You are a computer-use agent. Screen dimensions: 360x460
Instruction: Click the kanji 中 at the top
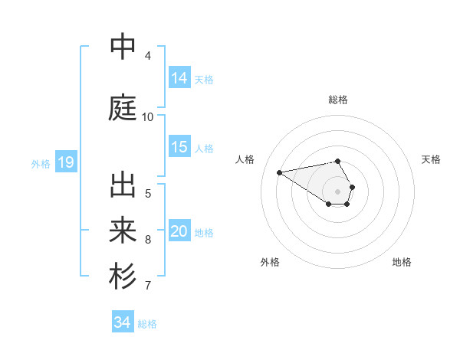coord(123,47)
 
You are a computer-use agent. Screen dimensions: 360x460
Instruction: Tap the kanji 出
coord(123,185)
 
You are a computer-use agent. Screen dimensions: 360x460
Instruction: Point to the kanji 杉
coord(123,277)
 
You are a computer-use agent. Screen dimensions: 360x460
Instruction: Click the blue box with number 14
coord(179,77)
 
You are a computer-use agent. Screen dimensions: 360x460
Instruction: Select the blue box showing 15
coord(179,147)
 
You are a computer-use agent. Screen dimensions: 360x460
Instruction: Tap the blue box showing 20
coord(179,231)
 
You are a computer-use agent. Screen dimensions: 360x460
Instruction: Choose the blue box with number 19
coord(65,162)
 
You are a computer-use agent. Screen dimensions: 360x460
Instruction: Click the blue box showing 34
coord(123,322)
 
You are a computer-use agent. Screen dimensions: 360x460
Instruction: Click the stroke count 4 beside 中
coord(148,56)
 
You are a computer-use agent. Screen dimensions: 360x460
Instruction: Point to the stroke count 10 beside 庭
coord(148,117)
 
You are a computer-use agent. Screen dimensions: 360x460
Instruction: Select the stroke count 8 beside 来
coord(148,240)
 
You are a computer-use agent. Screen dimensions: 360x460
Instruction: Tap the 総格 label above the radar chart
coord(338,100)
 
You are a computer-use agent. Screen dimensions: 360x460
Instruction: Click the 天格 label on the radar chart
coord(432,159)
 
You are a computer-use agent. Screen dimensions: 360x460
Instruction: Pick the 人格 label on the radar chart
coord(245,159)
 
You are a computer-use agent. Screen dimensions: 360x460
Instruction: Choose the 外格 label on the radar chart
coord(270,262)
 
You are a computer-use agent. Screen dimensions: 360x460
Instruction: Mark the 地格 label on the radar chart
coord(402,262)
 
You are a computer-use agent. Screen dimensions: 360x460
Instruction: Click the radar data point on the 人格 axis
coord(280,172)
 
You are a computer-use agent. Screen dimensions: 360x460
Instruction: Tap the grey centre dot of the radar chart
coord(338,191)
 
